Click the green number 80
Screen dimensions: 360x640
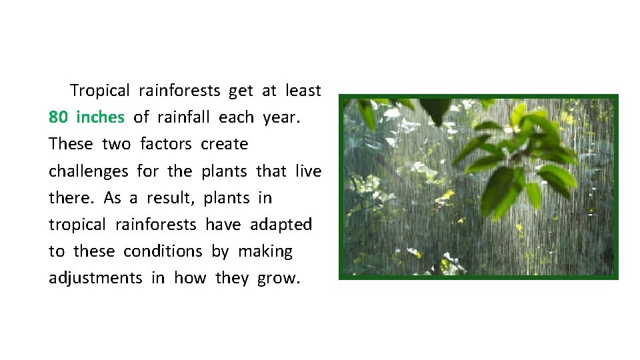coord(58,117)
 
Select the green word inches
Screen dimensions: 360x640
coord(100,117)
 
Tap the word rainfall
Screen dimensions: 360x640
coord(183,117)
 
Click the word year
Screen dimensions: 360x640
coord(281,118)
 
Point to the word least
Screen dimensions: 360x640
coord(303,90)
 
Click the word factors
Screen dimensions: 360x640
coord(166,144)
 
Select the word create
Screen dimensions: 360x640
coord(224,144)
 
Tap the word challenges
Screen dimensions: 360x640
coord(88,171)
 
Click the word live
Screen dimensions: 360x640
coord(308,171)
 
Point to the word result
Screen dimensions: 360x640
coord(170,198)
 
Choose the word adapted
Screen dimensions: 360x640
coord(281,225)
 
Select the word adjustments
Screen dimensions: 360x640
coord(95,278)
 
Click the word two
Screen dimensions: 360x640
coord(116,144)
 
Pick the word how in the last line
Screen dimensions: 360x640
coord(190,278)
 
